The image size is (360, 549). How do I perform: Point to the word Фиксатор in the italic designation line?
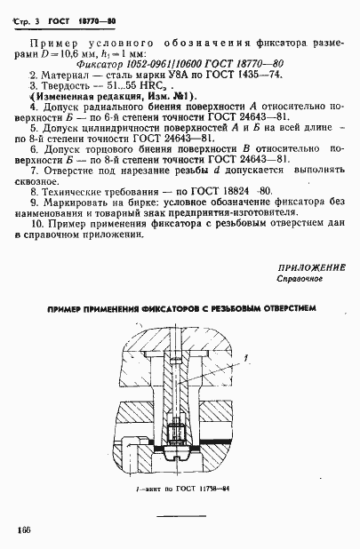100,64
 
